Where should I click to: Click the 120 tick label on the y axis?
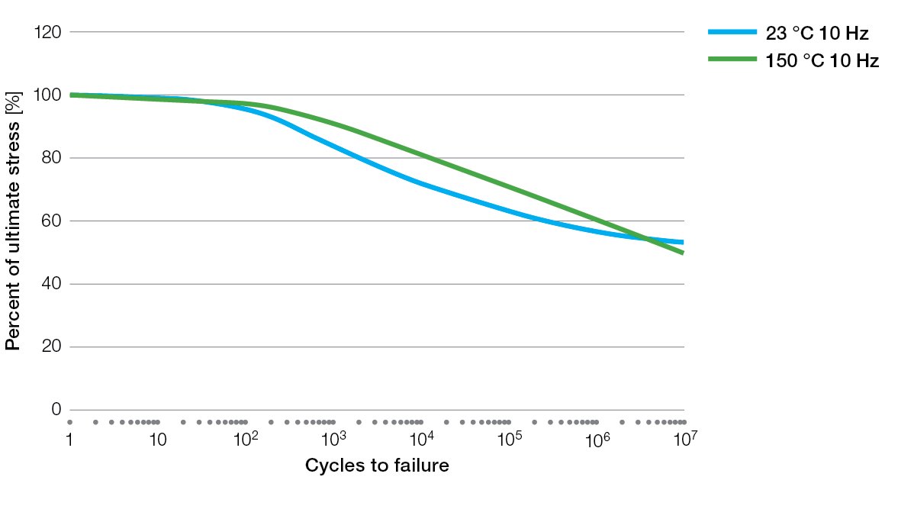48,32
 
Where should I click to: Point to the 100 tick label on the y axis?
48,95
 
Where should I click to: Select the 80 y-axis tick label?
52,157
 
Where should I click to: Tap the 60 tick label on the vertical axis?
52,221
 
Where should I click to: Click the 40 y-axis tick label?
52,283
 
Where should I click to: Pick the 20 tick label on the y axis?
52,346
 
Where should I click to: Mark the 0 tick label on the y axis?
56,409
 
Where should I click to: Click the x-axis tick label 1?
69,440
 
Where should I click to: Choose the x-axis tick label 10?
158,440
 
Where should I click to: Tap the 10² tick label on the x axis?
246,439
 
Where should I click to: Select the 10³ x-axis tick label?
334,439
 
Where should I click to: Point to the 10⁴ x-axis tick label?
422,439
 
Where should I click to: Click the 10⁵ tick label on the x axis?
510,439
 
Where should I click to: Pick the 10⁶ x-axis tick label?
598,439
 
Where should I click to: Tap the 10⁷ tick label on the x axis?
685,439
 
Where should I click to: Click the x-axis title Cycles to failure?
377,466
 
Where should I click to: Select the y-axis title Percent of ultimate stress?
13,221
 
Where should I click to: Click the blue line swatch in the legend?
732,32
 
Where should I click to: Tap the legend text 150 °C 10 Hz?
822,60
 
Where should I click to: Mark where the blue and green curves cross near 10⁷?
645,238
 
